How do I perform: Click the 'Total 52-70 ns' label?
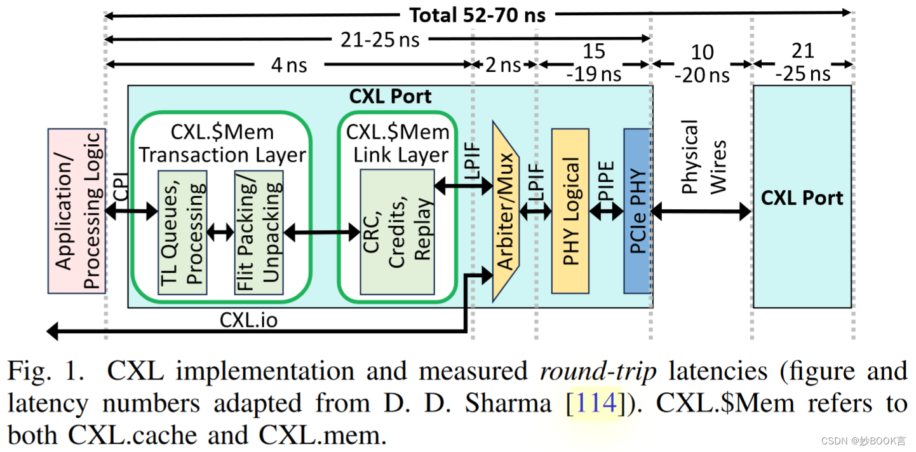pos(476,14)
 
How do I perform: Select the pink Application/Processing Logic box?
pos(76,210)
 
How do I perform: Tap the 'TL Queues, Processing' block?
pos(182,232)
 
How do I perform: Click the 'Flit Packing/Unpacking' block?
pos(258,232)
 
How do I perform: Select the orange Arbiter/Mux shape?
pos(506,210)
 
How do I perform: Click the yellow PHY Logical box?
pos(570,210)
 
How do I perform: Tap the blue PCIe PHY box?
pos(636,210)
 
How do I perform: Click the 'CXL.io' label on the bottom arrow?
pos(249,320)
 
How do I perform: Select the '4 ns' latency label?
pos(289,65)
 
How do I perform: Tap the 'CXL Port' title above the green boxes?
pos(390,97)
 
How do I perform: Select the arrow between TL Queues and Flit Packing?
pos(220,233)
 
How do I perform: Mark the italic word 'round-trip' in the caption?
pos(598,371)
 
